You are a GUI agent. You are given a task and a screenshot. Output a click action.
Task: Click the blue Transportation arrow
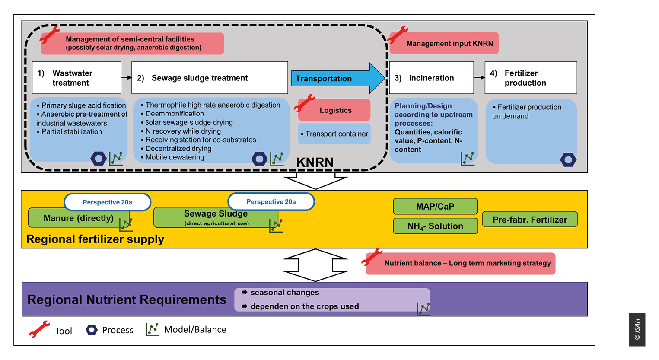(x=338, y=78)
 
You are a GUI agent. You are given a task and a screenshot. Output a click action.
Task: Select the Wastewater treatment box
(x=76, y=78)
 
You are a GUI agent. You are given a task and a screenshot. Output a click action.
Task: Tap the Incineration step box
(x=431, y=78)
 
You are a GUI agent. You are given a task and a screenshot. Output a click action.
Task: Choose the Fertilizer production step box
(x=531, y=78)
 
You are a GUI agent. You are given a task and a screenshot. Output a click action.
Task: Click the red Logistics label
(x=334, y=110)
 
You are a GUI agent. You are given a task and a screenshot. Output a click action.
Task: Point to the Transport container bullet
(x=334, y=134)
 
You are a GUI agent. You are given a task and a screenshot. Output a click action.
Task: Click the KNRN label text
(x=315, y=162)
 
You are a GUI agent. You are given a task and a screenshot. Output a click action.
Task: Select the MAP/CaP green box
(x=435, y=206)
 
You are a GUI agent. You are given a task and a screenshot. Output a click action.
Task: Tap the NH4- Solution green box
(x=435, y=226)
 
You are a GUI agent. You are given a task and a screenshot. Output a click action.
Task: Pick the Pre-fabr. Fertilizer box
(x=530, y=220)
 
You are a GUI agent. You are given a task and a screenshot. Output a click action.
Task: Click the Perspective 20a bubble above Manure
(x=107, y=202)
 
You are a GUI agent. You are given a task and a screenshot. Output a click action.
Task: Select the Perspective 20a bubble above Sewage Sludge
(x=271, y=201)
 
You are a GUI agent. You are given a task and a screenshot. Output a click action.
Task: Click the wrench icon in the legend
(x=39, y=329)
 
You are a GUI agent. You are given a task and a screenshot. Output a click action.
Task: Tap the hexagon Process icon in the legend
(x=92, y=330)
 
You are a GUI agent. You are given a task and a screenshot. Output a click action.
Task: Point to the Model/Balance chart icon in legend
(x=152, y=329)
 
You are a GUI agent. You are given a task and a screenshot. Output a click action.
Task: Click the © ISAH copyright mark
(x=637, y=329)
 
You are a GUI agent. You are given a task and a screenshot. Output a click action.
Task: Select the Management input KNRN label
(x=444, y=43)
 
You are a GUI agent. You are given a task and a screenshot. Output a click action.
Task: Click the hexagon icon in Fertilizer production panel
(x=568, y=160)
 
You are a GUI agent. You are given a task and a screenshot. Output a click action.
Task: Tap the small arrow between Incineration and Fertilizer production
(x=479, y=78)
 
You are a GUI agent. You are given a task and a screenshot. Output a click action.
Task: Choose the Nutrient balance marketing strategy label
(x=460, y=263)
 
